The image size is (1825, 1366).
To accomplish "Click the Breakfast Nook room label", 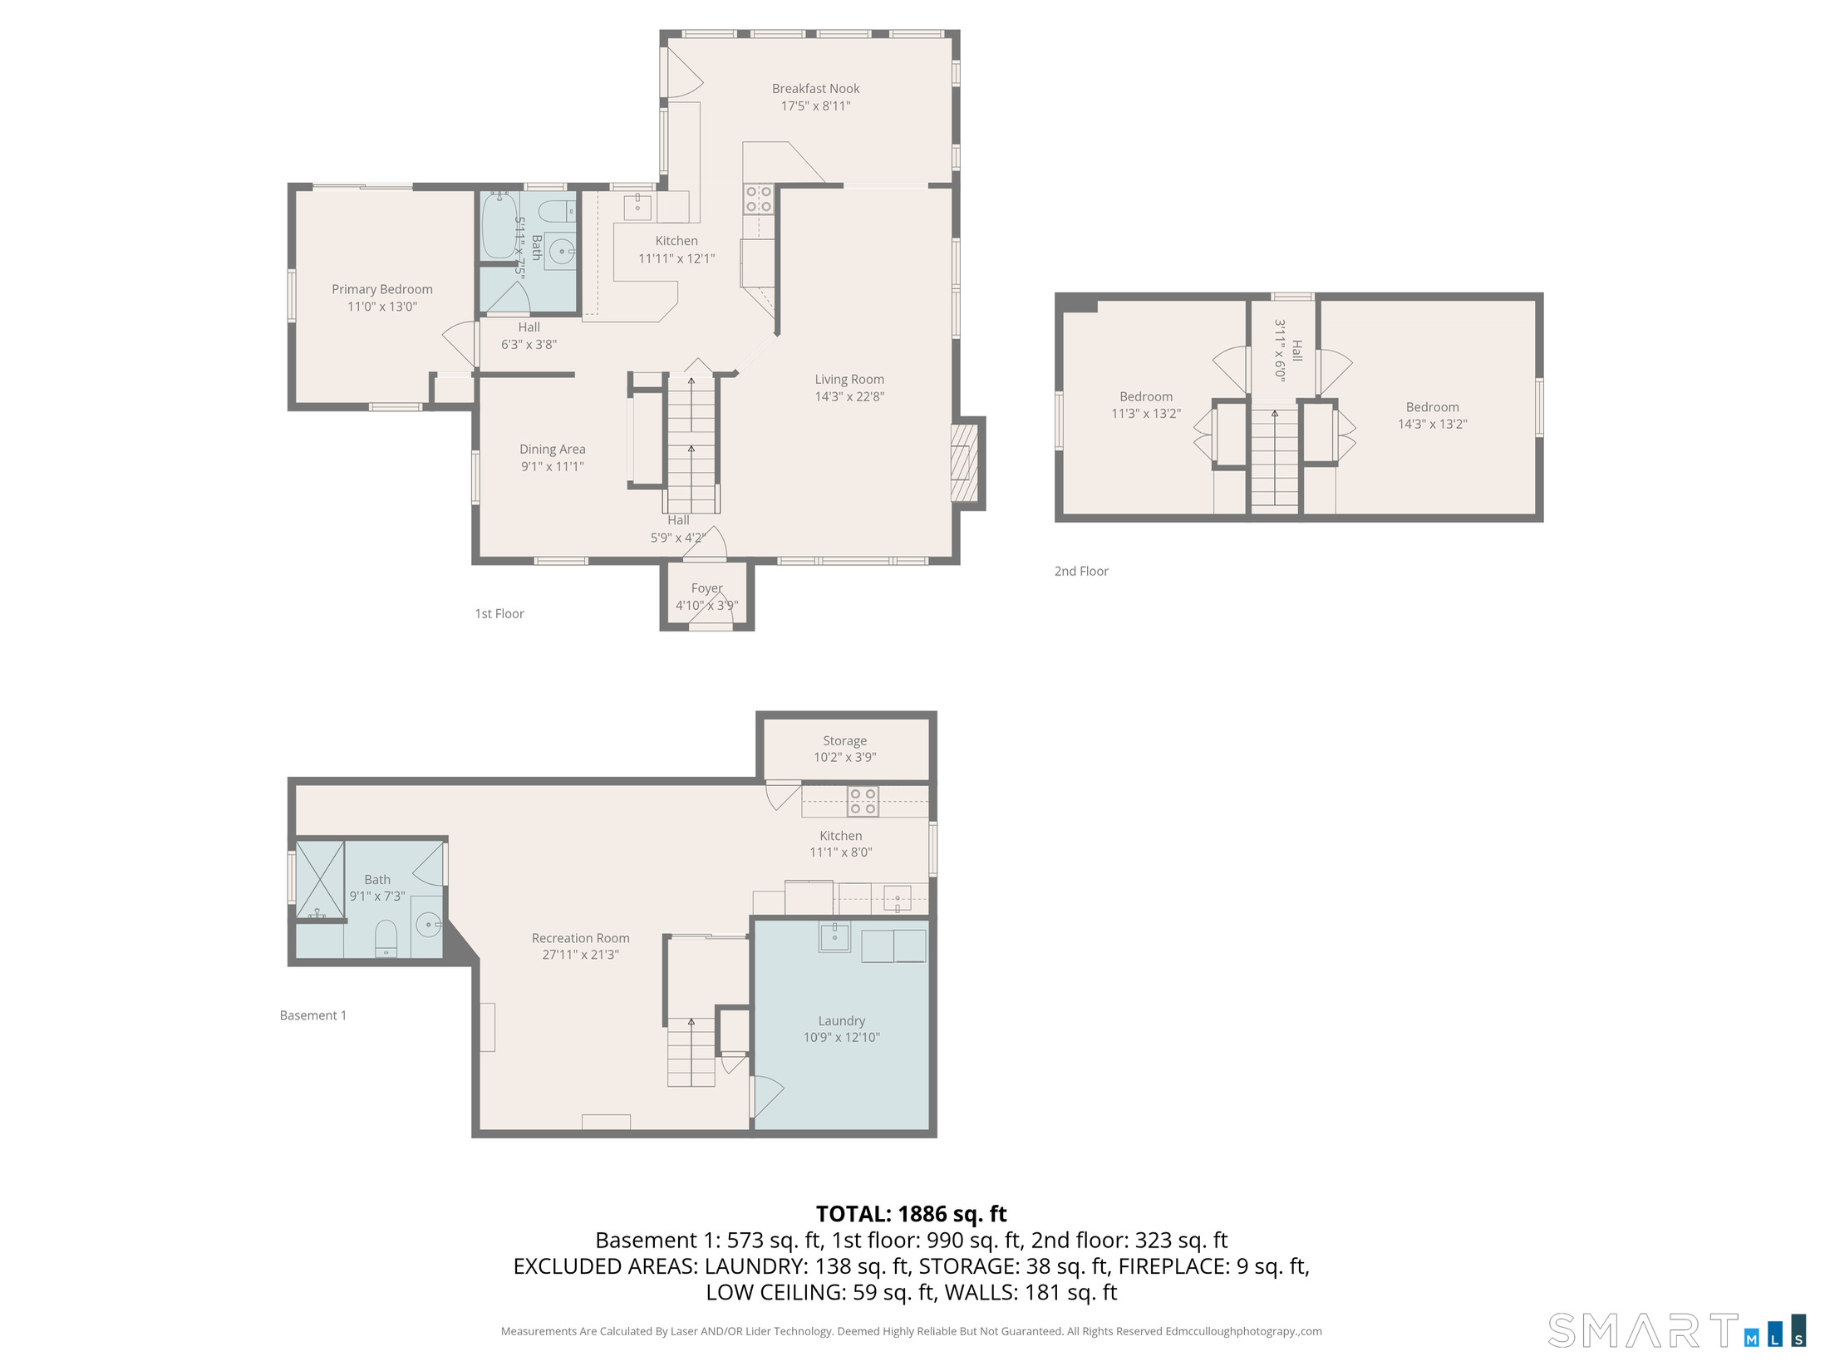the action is [x=815, y=88].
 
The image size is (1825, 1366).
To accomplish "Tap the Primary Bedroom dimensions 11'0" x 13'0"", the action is [x=382, y=307].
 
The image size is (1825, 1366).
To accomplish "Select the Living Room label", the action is [x=849, y=379].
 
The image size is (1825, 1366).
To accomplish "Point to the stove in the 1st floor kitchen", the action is [x=758, y=199].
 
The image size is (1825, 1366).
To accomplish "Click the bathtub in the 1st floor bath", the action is [x=499, y=226].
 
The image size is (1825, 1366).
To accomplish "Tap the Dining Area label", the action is [x=553, y=450].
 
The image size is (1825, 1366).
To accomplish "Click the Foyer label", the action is [x=707, y=588].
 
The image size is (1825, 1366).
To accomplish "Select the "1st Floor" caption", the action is [x=499, y=614].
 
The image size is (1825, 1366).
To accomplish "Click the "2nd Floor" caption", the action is [x=1081, y=572].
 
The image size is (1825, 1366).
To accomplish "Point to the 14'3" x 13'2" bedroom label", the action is [x=1432, y=415].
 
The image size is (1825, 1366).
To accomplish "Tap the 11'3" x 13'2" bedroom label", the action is [x=1146, y=405].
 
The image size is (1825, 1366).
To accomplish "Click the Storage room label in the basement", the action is [x=844, y=740].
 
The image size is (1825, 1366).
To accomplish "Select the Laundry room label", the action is [x=842, y=1020].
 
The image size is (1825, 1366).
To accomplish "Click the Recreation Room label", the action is [x=581, y=938].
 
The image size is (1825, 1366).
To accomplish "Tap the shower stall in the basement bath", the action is [x=320, y=881].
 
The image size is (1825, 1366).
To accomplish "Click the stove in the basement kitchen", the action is [x=863, y=801].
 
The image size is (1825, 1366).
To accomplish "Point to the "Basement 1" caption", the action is [x=313, y=1015].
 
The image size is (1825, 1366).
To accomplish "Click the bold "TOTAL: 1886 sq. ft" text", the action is [x=912, y=1214].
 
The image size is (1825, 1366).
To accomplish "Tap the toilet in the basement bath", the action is [x=386, y=938].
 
